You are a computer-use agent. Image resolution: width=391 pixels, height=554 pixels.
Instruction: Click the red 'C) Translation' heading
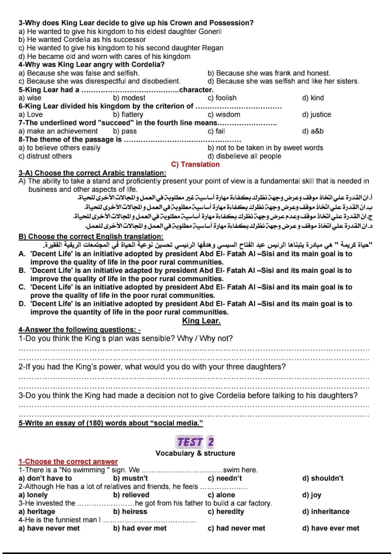point(195,164)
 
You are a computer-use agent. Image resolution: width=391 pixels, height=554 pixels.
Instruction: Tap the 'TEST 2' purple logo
point(195,442)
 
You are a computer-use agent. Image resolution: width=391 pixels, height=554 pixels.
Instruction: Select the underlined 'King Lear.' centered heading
point(201,321)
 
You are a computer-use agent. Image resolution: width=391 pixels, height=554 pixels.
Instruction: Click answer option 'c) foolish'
point(222,98)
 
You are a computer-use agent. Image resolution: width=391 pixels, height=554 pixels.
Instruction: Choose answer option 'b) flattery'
point(128,115)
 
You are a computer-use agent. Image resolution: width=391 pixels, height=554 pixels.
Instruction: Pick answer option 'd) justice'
point(316,115)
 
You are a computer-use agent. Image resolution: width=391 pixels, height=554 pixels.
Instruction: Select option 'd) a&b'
point(313,131)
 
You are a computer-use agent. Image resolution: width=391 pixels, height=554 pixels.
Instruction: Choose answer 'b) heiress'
point(130,512)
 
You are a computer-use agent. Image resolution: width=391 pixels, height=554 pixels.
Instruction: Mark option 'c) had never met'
point(236,528)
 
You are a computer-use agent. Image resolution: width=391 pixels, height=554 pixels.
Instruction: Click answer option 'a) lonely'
point(33,495)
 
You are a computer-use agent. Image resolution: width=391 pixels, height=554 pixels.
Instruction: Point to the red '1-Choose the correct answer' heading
point(68,462)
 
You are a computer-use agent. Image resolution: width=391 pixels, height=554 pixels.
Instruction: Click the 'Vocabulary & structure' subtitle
point(195,453)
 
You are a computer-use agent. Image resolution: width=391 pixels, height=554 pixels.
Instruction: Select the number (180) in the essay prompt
point(95,423)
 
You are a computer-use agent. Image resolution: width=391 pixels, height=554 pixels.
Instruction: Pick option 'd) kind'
point(313,98)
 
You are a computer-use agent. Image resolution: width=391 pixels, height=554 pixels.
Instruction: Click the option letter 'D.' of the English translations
point(22,304)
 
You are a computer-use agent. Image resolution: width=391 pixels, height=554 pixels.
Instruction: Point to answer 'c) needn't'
point(225,479)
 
